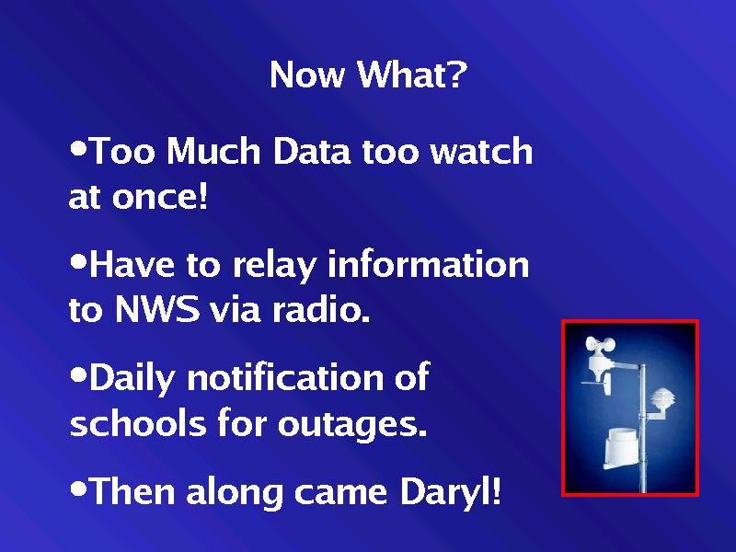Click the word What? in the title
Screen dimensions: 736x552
click(x=411, y=75)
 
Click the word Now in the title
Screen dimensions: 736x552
click(x=307, y=75)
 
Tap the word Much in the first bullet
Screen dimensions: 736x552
click(x=213, y=150)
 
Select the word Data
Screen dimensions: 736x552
click(x=311, y=150)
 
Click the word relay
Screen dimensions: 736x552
click(x=274, y=266)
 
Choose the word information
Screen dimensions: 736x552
click(x=428, y=264)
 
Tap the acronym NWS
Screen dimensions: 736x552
click(x=156, y=309)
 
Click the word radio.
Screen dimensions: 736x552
click(x=321, y=309)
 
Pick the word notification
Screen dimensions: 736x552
click(x=284, y=377)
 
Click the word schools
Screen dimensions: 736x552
click(x=138, y=422)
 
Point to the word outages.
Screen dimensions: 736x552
click(x=352, y=425)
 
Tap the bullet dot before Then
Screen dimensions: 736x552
click(x=78, y=489)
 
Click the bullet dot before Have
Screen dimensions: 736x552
click(x=78, y=261)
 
